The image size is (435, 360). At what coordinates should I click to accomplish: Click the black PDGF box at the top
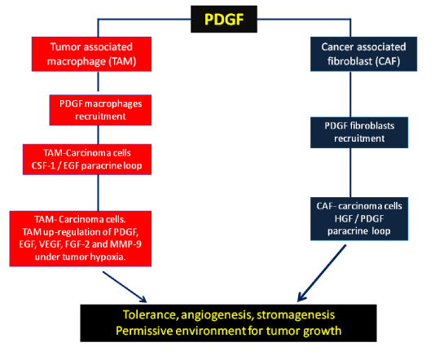click(x=224, y=19)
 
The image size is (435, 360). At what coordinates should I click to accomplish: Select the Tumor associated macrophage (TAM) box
click(x=91, y=54)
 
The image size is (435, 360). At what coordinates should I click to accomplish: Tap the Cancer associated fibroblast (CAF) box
click(x=363, y=54)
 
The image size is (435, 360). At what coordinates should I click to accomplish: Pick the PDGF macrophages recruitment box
click(x=100, y=110)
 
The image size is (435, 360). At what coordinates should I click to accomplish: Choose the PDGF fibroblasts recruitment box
click(x=359, y=132)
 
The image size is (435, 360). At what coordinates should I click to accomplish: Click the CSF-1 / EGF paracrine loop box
click(x=87, y=160)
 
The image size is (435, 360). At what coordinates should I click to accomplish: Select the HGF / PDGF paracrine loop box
click(x=359, y=219)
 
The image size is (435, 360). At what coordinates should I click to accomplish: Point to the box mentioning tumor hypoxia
click(x=81, y=239)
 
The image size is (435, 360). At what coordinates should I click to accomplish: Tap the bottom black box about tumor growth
click(x=229, y=323)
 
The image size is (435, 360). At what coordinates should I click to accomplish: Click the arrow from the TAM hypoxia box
click(x=125, y=287)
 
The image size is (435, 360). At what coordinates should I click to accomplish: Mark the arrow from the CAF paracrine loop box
click(x=322, y=273)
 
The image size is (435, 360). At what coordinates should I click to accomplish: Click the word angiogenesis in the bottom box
click(x=217, y=315)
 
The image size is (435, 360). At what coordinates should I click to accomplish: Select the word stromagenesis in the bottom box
click(x=296, y=315)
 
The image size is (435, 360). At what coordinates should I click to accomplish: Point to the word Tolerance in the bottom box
click(x=151, y=314)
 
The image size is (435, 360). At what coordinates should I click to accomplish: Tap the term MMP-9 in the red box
click(x=125, y=244)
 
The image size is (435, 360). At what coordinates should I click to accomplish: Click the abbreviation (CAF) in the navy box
click(x=388, y=61)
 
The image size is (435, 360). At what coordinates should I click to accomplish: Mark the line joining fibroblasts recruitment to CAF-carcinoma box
click(x=350, y=173)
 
